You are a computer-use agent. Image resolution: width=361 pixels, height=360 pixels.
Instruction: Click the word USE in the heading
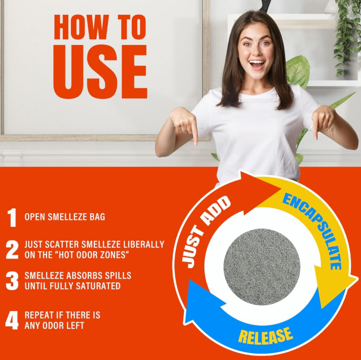[x=100, y=71]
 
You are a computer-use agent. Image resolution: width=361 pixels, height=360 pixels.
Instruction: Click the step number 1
[x=12, y=217]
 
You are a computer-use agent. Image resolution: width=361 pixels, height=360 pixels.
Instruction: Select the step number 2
[x=12, y=250]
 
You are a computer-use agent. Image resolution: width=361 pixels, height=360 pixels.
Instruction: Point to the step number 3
[x=12, y=281]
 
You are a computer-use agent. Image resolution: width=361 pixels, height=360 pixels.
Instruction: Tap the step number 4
[x=12, y=320]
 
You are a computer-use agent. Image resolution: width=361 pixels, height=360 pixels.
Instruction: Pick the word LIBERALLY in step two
[x=143, y=244]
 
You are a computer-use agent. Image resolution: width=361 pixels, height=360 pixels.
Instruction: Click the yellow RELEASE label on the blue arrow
[x=265, y=337]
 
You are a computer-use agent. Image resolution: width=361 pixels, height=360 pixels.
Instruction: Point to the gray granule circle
[x=262, y=266]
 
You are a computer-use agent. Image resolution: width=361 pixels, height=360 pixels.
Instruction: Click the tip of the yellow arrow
[x=358, y=278]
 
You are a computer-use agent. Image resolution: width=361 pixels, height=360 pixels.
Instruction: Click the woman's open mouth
[x=257, y=64]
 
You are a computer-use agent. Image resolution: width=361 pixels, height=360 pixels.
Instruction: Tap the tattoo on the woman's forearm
[x=331, y=132]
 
